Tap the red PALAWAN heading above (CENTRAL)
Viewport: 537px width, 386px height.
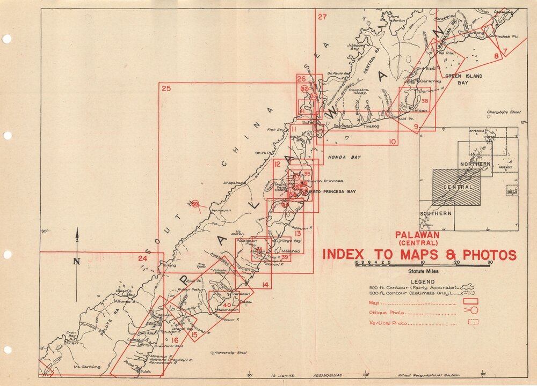(x=417, y=234)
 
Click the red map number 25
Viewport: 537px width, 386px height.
(x=166, y=88)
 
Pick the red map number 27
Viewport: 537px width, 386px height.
(x=322, y=17)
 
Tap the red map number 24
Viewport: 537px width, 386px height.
(x=142, y=258)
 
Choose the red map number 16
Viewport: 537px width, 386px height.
(x=175, y=340)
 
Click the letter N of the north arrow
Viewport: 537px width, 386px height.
(x=77, y=261)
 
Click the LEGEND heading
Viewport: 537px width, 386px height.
(x=422, y=281)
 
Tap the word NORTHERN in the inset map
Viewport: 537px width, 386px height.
(x=475, y=164)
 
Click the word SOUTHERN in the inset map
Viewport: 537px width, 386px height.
(x=436, y=213)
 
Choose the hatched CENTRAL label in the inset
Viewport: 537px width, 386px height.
(x=458, y=187)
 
